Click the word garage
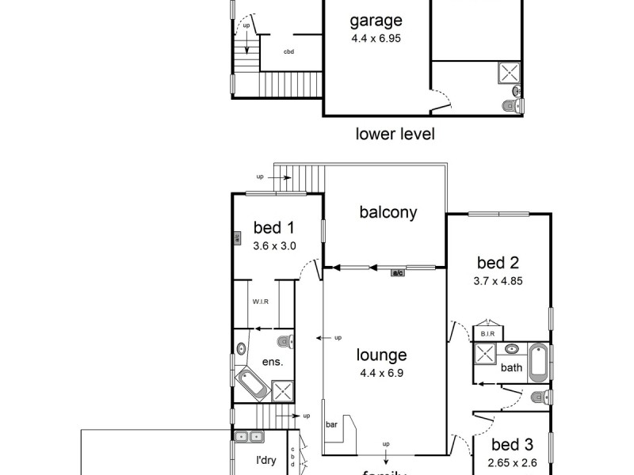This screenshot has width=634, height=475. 376,21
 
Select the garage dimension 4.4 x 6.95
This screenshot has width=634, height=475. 376,37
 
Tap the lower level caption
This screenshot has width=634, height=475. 395,134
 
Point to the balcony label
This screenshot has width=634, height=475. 388,212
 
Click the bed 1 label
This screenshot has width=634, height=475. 273,229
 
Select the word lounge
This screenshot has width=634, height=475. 381,355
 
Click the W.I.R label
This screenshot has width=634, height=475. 262,302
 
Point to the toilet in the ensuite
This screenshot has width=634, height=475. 286,342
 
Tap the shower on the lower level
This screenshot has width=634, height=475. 508,74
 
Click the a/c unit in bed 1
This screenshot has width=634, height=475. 236,237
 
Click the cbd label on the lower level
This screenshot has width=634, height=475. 289,52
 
